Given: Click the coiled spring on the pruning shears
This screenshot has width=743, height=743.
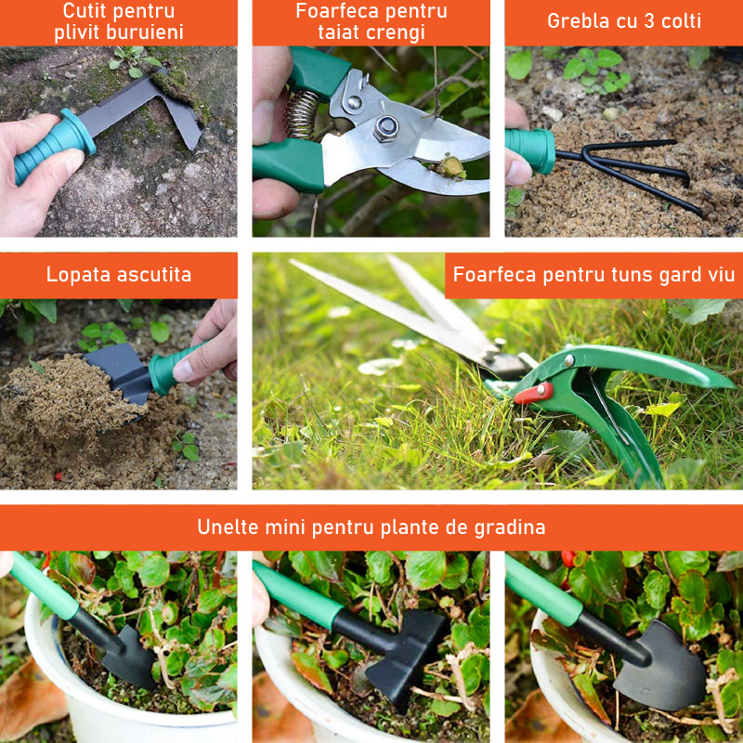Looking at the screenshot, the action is [x=301, y=114].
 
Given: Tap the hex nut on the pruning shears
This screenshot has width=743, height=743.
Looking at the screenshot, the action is [x=385, y=128].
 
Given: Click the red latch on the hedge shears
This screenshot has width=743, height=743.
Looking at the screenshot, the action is [x=533, y=393].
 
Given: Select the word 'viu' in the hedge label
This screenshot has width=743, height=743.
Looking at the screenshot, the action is [x=722, y=274].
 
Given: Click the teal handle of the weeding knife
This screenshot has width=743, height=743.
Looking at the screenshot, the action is [x=55, y=146].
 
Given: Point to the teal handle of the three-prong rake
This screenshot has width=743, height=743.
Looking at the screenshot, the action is [x=530, y=150].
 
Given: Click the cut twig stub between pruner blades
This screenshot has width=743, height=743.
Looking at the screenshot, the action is [x=450, y=167].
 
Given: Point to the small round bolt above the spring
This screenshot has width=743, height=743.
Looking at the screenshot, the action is [x=354, y=102].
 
